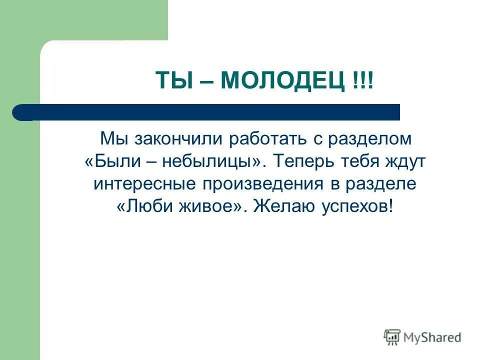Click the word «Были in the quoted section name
pos(110,161)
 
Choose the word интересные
pos(145,183)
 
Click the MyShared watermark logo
pos(422,337)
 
